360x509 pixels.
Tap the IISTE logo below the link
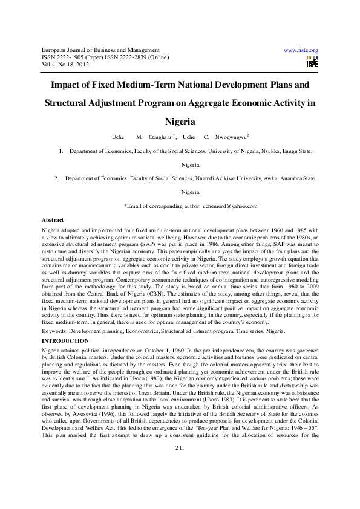click(312, 61)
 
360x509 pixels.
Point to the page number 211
click(180, 464)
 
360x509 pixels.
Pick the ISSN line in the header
click(105, 57)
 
